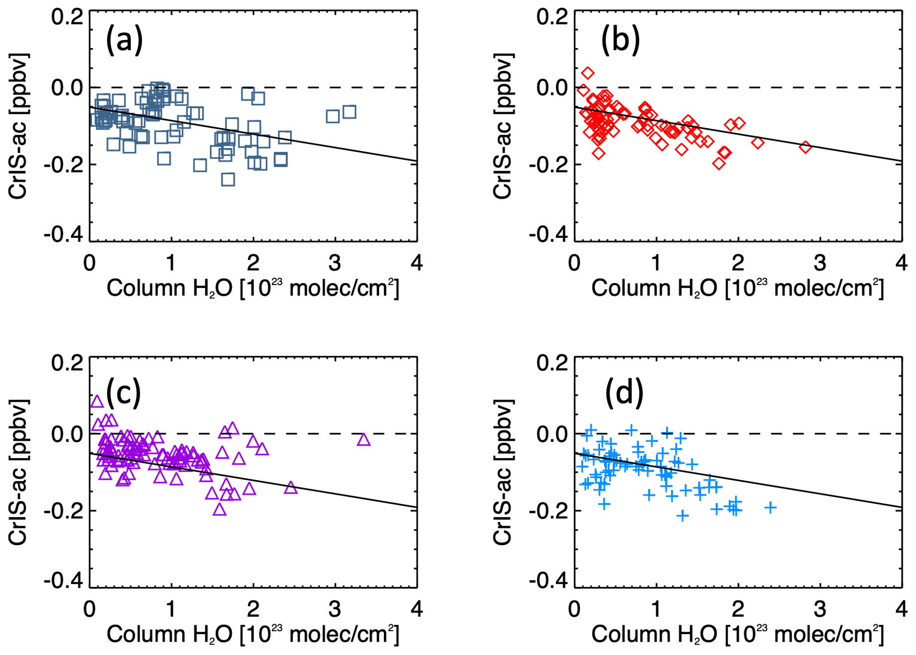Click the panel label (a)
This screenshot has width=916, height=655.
coord(124,40)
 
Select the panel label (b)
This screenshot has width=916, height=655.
coord(620,40)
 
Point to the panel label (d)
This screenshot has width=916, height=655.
coord(624,392)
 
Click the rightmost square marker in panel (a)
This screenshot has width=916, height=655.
coord(349,112)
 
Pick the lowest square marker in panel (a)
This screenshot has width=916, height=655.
coord(228,179)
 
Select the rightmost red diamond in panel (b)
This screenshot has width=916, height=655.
coord(805,146)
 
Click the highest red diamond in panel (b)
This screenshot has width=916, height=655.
coord(588,73)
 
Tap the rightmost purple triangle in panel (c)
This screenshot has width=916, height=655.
coord(364,439)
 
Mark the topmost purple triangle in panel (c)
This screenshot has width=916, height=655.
coord(97,401)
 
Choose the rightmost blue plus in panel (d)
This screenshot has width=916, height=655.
coord(770,507)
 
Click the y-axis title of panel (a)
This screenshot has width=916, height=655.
coord(18,127)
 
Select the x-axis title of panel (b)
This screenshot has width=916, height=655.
coord(737,288)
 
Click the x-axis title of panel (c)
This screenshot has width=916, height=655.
coord(252,634)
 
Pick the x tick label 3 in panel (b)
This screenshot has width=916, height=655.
coord(820,262)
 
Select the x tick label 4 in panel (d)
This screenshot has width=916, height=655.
coord(901,608)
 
